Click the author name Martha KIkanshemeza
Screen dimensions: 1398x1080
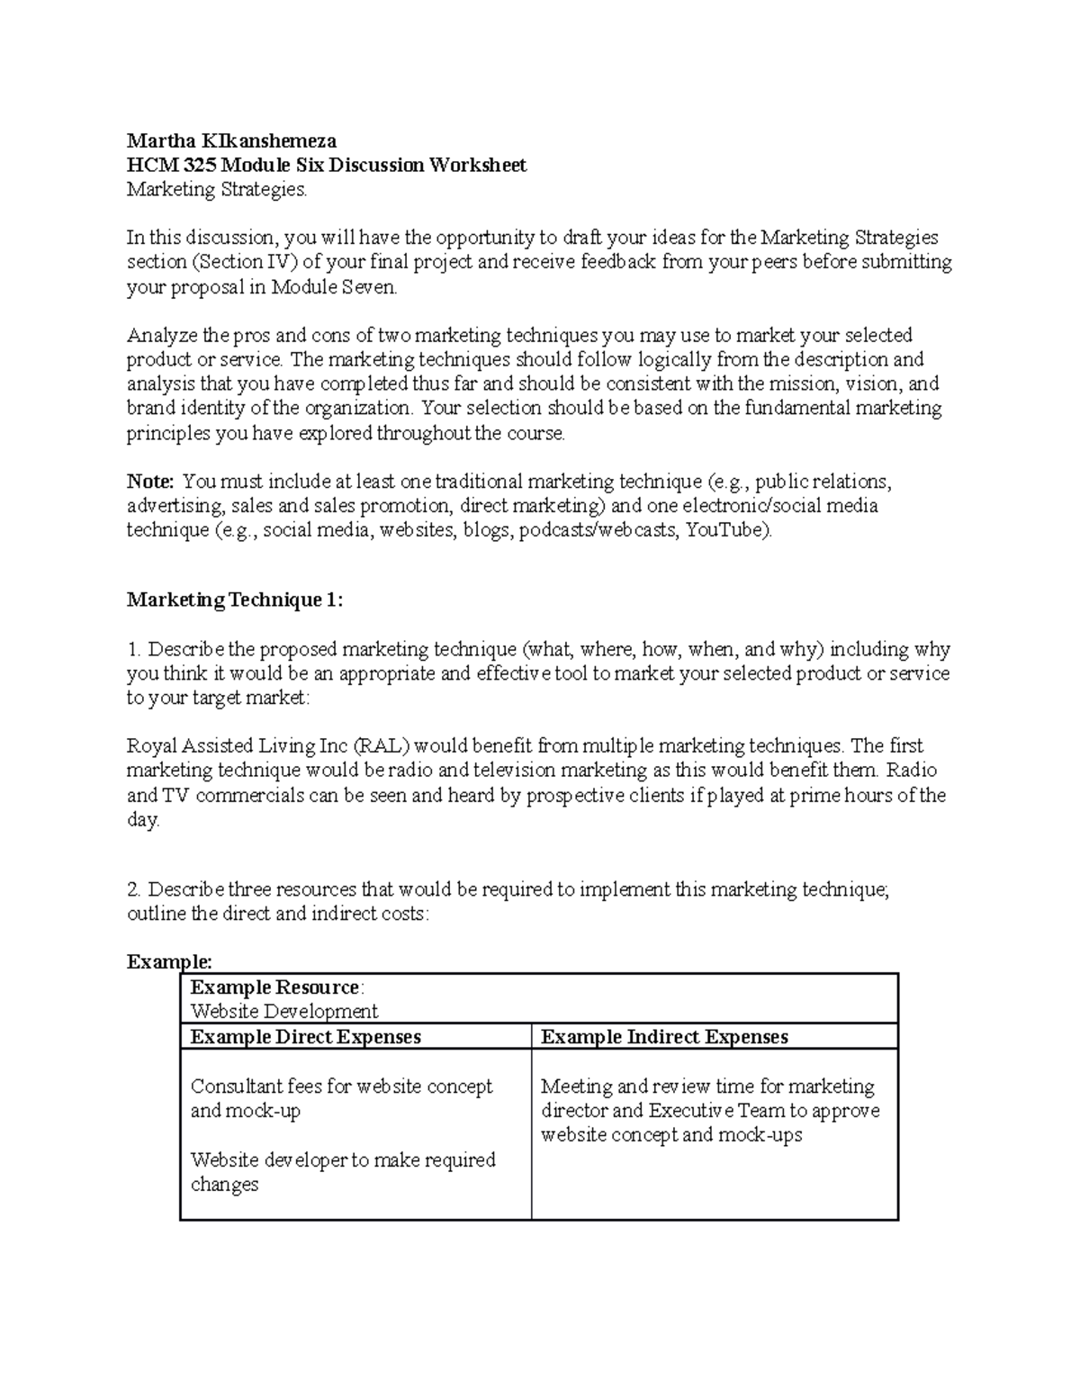(x=231, y=140)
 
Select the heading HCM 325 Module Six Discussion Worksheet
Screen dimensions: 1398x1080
(x=326, y=165)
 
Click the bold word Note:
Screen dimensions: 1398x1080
(x=149, y=481)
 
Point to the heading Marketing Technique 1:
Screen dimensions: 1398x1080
(x=235, y=600)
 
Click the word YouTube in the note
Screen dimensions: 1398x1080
(x=726, y=529)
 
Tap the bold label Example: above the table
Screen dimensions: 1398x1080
(x=169, y=961)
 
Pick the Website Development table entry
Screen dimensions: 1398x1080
(x=284, y=1012)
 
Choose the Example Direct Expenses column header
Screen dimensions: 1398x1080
(x=305, y=1037)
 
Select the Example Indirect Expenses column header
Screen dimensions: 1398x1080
(x=664, y=1037)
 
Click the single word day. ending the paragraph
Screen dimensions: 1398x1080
(x=143, y=820)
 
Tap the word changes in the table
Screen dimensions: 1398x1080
(x=224, y=1185)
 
